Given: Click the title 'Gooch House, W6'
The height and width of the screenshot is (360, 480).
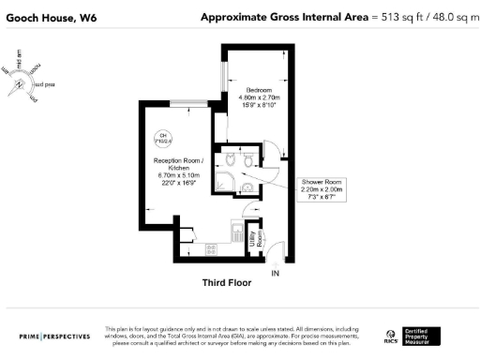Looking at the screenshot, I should (x=45, y=17).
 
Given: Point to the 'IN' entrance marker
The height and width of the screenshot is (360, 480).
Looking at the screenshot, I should (x=275, y=273).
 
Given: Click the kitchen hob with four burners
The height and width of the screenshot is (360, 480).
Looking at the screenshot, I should (x=212, y=249).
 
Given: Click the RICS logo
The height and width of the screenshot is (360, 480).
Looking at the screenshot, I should (x=391, y=337).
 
